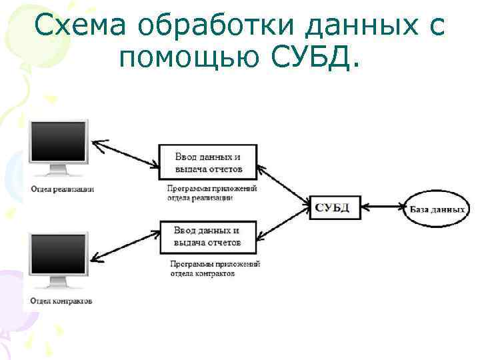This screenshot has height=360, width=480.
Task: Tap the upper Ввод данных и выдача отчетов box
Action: tap(207, 162)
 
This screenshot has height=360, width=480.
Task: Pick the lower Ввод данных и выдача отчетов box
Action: tap(207, 237)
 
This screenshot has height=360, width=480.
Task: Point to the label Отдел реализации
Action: tap(61, 189)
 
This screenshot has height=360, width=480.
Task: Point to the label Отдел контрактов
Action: tap(61, 301)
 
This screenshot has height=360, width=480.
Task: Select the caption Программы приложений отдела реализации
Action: tap(211, 193)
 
